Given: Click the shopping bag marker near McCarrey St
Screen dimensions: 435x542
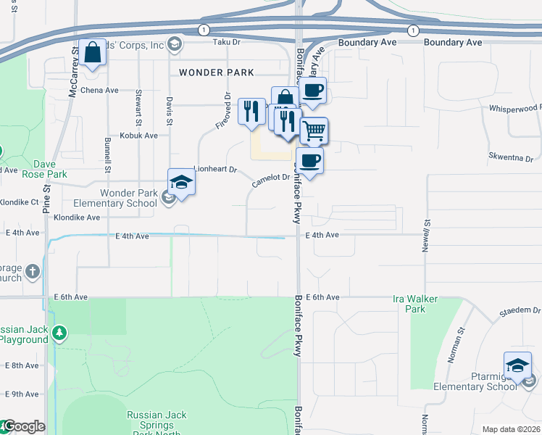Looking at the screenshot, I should click(x=93, y=54).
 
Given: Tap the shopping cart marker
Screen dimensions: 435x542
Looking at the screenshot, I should click(x=314, y=131).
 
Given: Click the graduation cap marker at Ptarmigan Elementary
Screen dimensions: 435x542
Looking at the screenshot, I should click(x=518, y=365).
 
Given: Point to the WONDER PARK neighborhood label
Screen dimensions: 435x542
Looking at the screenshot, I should click(x=216, y=72).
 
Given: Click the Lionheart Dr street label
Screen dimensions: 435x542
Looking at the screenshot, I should click(x=215, y=170).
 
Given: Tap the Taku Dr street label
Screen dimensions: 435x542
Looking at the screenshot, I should click(x=225, y=43).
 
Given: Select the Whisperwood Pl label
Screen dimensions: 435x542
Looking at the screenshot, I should click(x=515, y=108).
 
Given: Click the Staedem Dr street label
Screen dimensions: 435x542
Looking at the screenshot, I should click(x=520, y=310).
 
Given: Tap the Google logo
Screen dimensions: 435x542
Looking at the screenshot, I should click(x=24, y=427).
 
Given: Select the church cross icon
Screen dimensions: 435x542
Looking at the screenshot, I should click(x=32, y=271).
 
